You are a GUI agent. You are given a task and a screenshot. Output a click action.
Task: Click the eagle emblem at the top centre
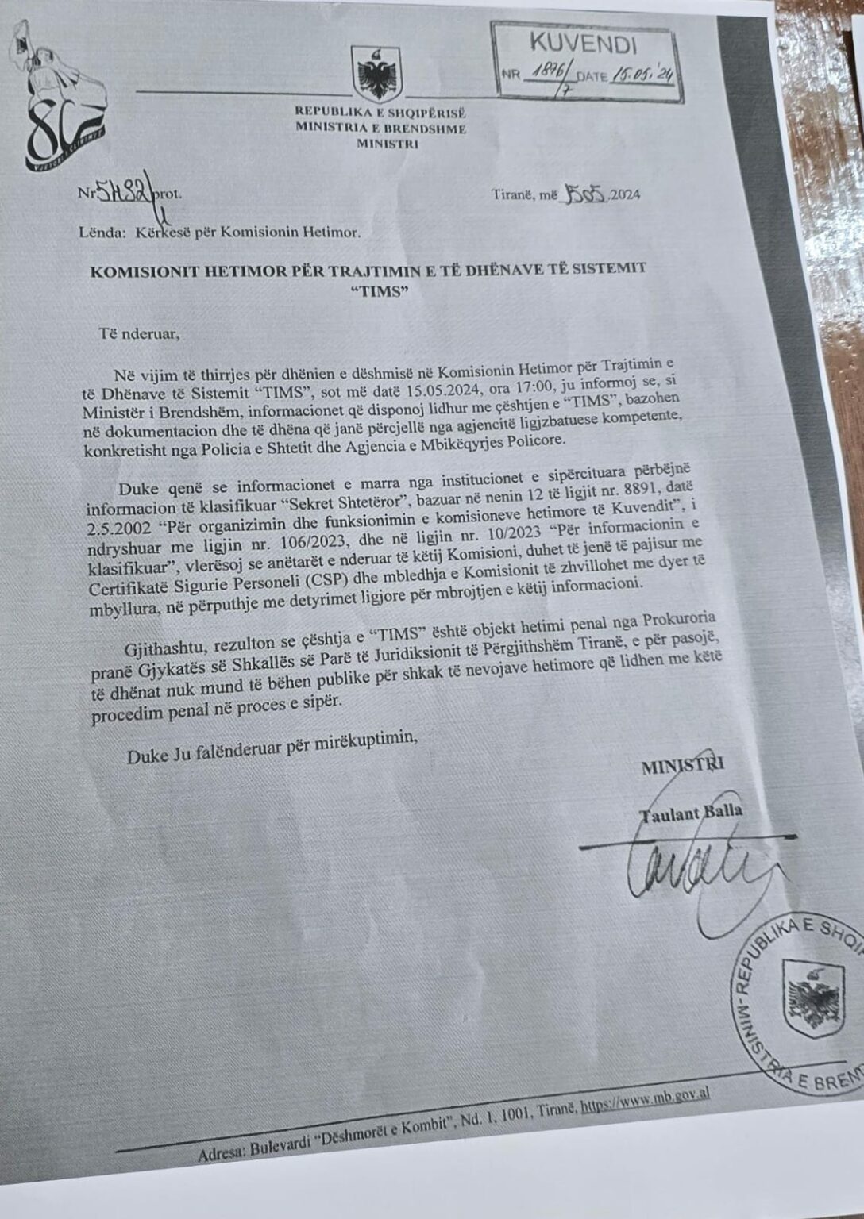click(376, 73)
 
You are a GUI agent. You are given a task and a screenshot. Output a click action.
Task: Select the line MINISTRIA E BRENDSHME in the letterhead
click(380, 128)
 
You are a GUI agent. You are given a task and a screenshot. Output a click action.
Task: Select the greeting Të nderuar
click(140, 333)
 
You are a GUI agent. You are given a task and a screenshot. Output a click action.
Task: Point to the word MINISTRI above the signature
click(682, 766)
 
